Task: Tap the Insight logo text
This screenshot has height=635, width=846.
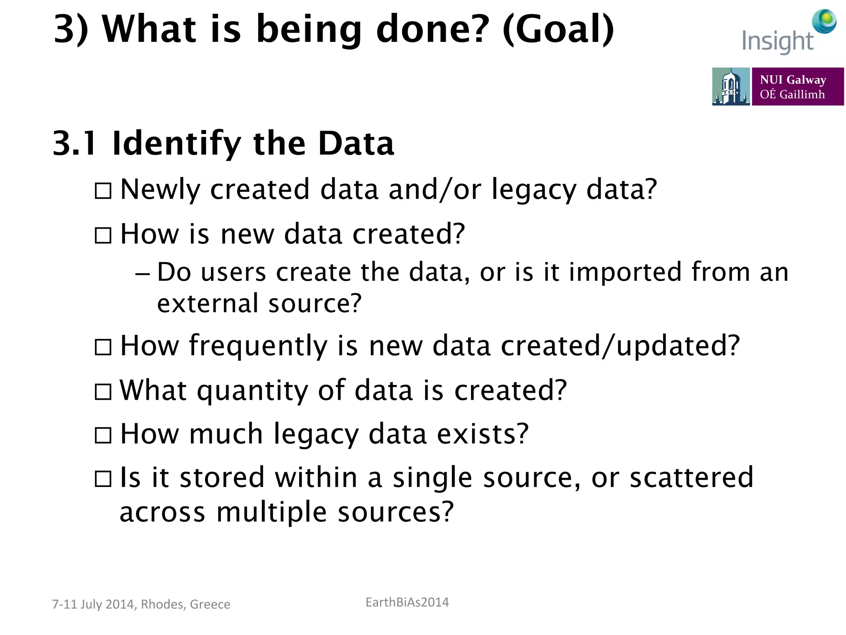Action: [777, 41]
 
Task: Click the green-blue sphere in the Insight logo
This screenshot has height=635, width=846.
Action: [824, 21]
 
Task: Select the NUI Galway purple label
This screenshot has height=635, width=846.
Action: [797, 86]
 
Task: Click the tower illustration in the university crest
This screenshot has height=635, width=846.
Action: [730, 86]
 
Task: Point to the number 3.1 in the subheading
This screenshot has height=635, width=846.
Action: [75, 143]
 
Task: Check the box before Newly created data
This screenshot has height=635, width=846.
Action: [103, 191]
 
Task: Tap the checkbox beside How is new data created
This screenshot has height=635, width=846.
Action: [103, 236]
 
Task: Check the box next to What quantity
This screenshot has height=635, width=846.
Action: [103, 392]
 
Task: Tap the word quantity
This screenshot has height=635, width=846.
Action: [252, 391]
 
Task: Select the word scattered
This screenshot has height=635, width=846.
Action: [692, 477]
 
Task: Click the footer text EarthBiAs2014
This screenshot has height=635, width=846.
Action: [407, 602]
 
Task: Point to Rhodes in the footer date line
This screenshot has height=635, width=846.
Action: [163, 604]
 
